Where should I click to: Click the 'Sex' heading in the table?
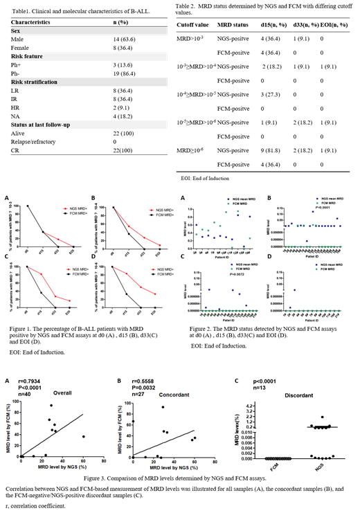(15, 31)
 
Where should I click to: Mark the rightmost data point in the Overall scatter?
(84, 436)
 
